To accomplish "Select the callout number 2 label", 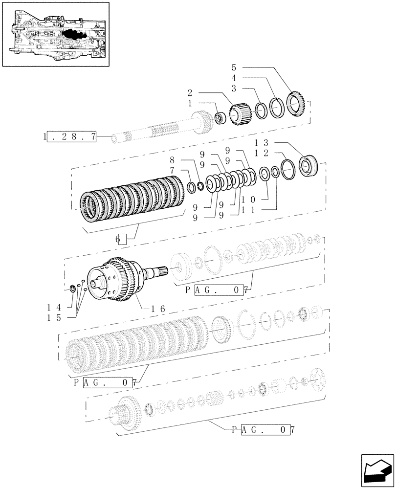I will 190,92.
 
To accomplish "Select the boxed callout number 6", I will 121,239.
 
